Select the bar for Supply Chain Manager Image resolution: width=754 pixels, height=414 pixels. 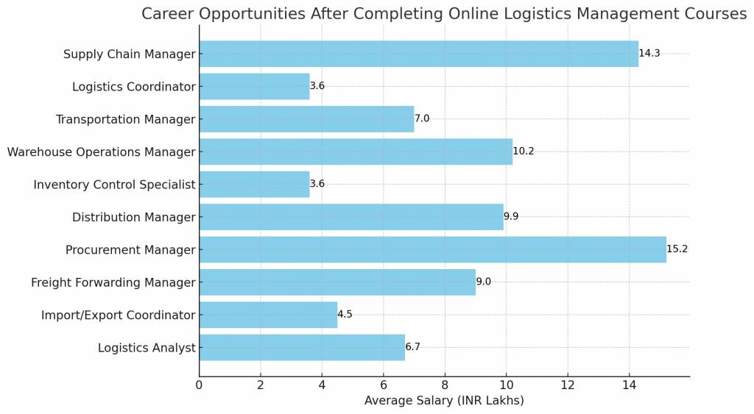418,54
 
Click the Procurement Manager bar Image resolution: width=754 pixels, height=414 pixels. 432,249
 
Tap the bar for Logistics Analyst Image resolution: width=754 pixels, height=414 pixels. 302,347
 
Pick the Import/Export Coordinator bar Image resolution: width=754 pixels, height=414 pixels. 268,315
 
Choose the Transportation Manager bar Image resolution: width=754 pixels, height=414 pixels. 306,119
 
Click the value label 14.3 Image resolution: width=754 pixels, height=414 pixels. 649,54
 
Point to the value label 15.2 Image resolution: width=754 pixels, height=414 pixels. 677,249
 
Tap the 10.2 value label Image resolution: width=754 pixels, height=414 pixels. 524,151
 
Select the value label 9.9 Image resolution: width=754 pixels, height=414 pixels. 512,217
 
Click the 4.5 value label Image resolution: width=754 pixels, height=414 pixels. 345,315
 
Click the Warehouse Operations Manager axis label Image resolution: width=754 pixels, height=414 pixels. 102,152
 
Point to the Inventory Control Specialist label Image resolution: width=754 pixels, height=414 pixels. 115,185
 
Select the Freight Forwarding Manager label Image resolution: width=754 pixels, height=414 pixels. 113,282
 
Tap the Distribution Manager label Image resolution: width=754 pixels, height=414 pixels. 134,218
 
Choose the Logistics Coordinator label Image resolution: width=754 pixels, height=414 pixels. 134,87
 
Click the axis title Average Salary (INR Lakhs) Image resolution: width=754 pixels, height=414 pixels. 444,401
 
